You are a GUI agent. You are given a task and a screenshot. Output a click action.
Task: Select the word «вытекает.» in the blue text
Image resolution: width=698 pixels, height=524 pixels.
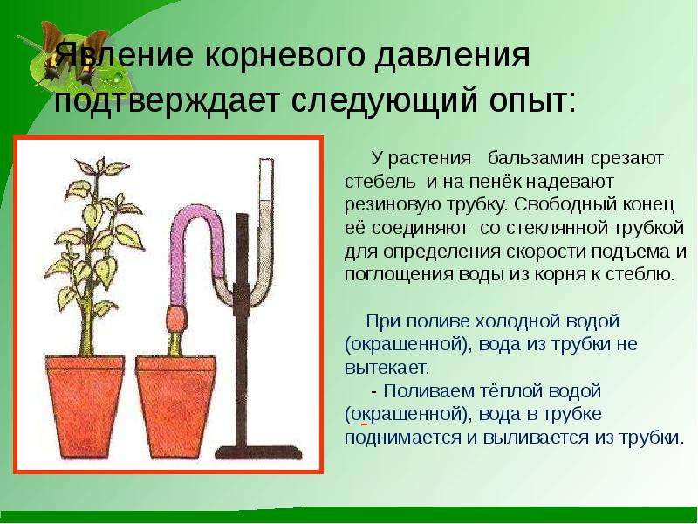(x=387, y=368)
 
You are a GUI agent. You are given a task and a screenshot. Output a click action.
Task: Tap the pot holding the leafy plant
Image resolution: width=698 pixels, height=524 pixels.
(x=85, y=406)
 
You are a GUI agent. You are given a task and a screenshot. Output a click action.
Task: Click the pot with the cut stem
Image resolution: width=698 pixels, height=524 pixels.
(x=176, y=406)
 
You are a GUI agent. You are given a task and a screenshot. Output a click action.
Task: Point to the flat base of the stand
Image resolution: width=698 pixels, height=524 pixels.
(x=258, y=452)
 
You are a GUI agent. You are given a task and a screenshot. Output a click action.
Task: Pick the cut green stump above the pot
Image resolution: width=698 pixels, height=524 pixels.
(x=175, y=343)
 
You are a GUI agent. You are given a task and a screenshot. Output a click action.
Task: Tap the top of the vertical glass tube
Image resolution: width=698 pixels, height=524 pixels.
(x=266, y=162)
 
